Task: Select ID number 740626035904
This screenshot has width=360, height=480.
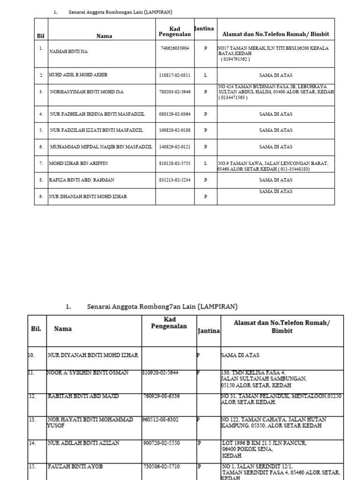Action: [174, 48]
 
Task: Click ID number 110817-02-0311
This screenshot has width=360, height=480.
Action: [174, 75]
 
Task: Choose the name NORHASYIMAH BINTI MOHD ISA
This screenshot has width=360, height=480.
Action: [87, 92]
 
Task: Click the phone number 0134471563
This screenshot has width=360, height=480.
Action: [233, 97]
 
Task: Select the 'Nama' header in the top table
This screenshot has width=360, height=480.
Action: [104, 36]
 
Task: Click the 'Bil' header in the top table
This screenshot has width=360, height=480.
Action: [40, 36]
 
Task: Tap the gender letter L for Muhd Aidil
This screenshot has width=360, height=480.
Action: [205, 75]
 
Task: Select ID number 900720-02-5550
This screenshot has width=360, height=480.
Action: [161, 442]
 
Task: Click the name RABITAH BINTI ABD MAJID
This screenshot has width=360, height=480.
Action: [83, 397]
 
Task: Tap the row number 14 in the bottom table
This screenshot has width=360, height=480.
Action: [32, 442]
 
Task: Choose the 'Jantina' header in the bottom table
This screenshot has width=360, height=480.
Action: [208, 330]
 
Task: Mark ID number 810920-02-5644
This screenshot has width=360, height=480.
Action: [161, 373]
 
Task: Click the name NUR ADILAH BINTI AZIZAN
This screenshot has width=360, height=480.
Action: [83, 442]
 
